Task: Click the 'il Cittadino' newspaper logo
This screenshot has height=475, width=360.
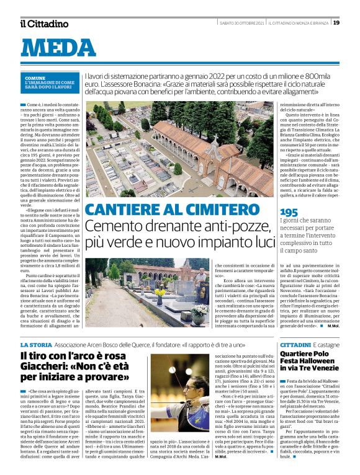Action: pos(43,24)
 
